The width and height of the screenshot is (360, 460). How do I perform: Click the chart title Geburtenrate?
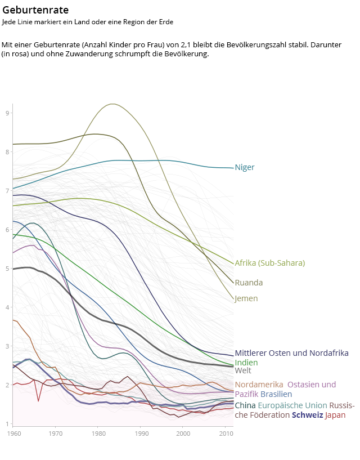tap(35, 10)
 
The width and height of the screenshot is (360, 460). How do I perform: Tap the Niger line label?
tap(245, 167)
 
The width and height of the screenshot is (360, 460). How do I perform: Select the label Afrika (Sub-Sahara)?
tap(269, 263)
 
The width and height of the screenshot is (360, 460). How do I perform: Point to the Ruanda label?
tap(249, 283)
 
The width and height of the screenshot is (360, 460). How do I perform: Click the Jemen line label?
tap(246, 298)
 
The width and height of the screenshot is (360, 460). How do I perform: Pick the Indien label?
tap(246, 363)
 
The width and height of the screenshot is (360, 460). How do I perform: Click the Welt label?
tap(243, 370)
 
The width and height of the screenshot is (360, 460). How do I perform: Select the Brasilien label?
tap(276, 394)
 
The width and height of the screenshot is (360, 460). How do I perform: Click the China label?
tap(245, 405)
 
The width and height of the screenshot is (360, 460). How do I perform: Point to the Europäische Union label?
tap(292, 405)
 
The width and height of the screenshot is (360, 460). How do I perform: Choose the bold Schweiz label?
tap(307, 415)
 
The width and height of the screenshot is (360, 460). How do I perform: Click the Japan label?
tap(335, 415)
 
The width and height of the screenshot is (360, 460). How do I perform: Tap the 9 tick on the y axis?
tap(8, 113)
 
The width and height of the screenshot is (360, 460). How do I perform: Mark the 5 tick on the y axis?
tap(8, 269)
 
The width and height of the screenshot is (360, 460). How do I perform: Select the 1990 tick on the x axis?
tap(141, 434)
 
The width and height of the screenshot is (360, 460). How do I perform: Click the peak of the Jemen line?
tap(113, 104)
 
